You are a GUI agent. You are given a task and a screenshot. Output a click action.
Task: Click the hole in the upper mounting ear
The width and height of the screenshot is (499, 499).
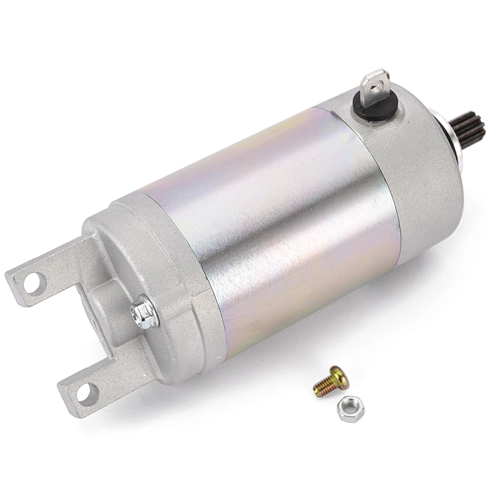pos(32,283)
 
